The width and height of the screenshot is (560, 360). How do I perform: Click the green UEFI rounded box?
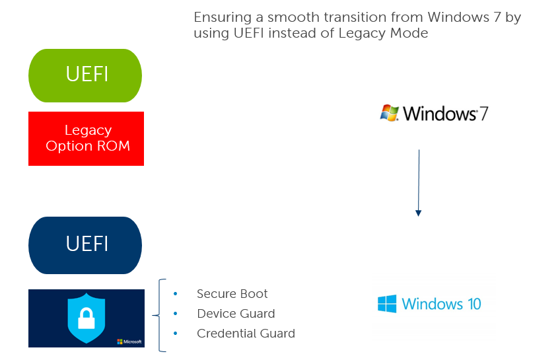click(85, 76)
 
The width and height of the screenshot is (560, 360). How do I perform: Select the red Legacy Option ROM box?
click(86, 139)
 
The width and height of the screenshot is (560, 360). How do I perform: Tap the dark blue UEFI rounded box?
click(85, 245)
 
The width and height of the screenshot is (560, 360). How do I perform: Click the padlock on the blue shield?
click(87, 319)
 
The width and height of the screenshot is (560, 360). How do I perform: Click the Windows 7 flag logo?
click(389, 113)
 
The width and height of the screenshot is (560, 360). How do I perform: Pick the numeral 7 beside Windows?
click(483, 114)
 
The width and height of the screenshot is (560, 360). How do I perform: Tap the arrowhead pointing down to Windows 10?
click(419, 213)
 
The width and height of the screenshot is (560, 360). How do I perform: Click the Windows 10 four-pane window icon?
click(387, 304)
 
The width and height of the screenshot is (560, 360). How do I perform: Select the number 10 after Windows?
click(474, 305)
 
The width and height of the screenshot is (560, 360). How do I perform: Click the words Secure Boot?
click(232, 293)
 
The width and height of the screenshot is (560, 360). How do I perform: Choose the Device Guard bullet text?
click(236, 314)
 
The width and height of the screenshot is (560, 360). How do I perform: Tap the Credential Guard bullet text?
click(246, 333)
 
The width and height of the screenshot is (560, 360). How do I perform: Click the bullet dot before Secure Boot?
click(176, 294)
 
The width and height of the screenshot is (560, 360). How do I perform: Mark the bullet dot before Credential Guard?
click(176, 334)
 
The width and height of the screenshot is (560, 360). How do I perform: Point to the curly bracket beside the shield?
click(158, 315)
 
